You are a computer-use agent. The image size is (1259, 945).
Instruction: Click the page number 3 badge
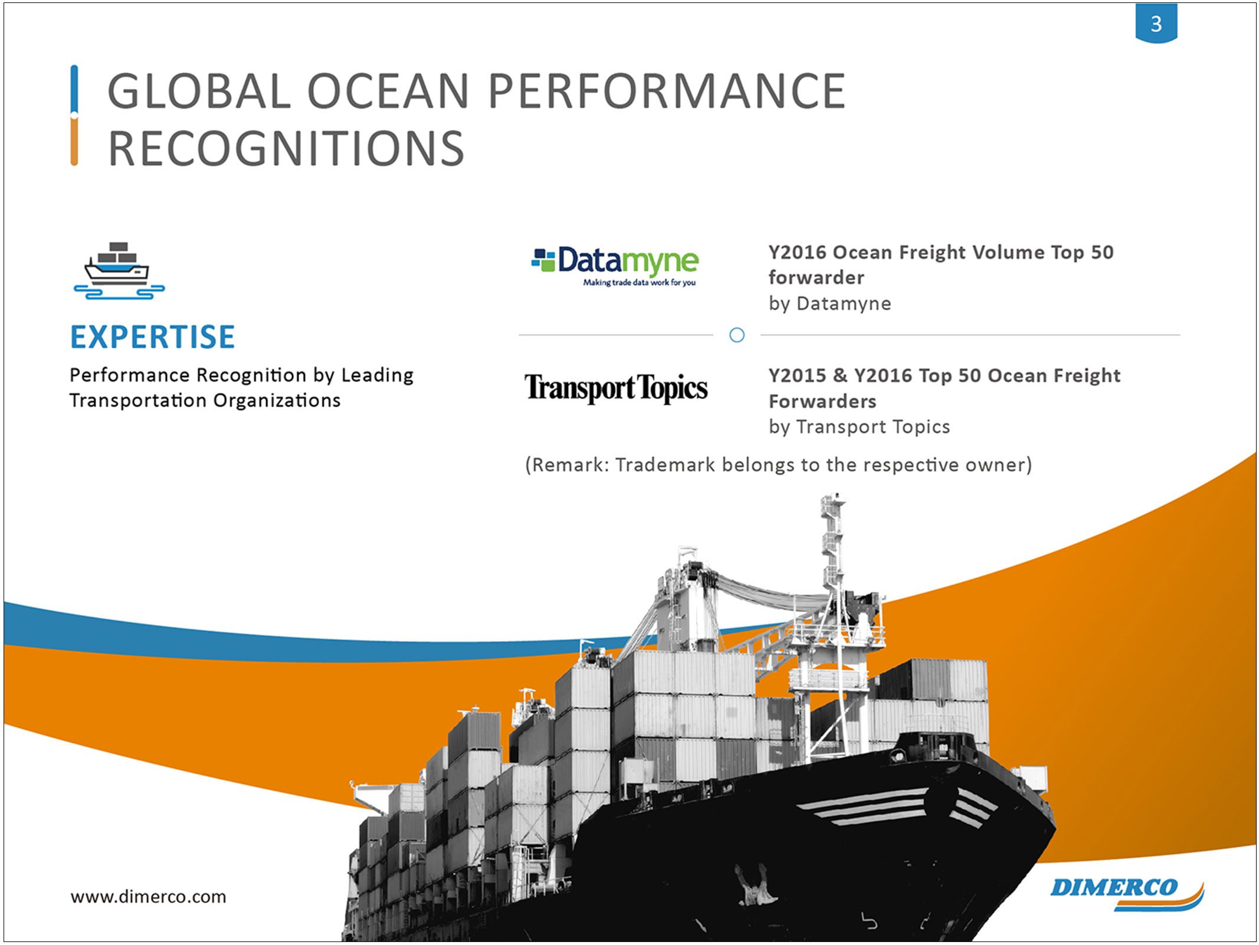pos(1156,23)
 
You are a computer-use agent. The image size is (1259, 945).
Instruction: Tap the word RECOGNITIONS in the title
pos(287,148)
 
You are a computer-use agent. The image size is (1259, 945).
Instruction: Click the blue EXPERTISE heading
pos(153,337)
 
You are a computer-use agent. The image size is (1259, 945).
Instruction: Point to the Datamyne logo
pos(615,266)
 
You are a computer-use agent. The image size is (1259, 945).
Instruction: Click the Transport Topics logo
pos(616,388)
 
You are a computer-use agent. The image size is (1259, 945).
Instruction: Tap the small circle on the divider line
pos(737,335)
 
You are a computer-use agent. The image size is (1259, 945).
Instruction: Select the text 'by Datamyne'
pos(830,303)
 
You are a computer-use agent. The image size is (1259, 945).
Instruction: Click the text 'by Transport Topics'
pos(859,427)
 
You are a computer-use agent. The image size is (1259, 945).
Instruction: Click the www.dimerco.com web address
pos(148,897)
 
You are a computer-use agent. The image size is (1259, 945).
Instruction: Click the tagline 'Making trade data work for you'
pos(640,283)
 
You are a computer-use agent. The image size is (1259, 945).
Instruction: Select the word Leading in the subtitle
pos(378,375)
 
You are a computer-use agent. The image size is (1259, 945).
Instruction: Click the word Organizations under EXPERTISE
pos(277,401)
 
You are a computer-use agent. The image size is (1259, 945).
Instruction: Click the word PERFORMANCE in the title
pos(667,91)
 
